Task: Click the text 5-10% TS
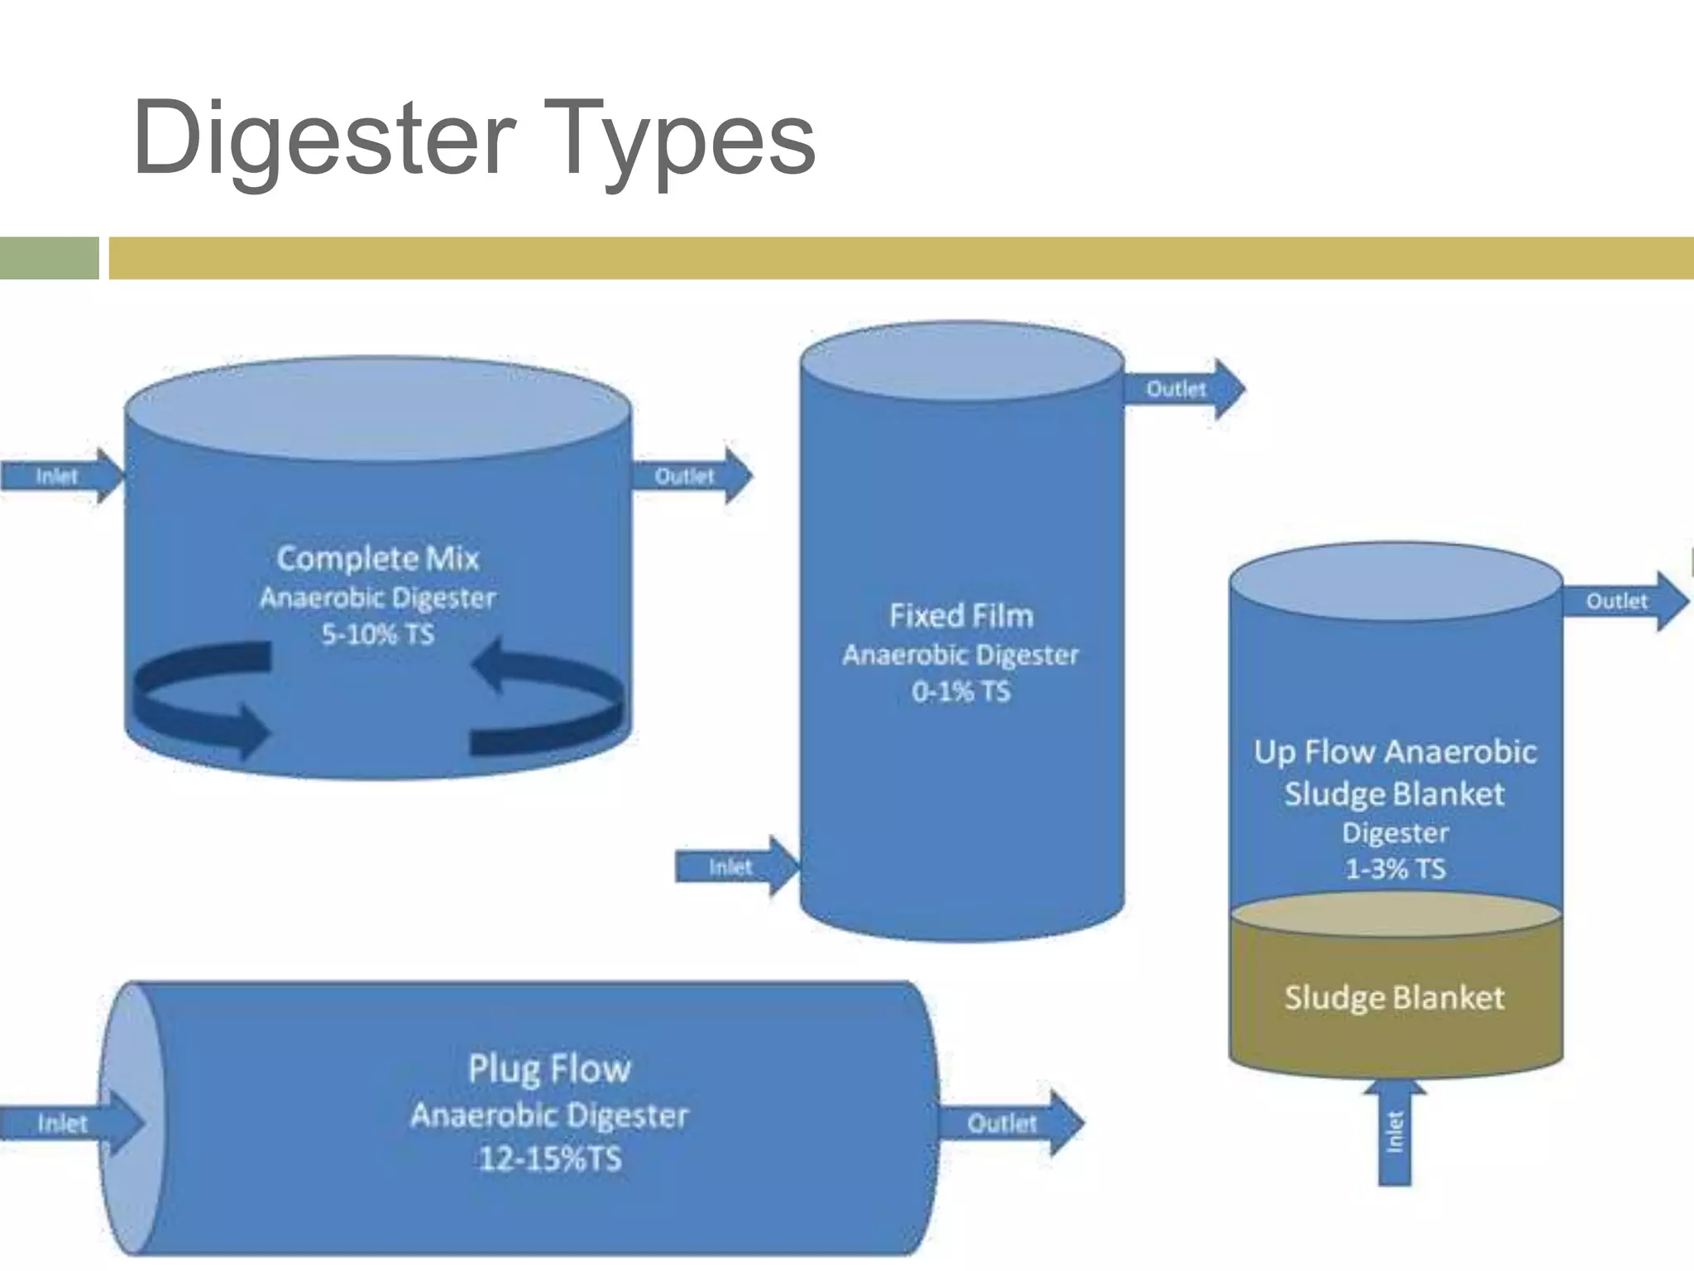(x=377, y=635)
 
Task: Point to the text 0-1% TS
(x=961, y=691)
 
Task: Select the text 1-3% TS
(x=1395, y=869)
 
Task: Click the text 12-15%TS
(x=550, y=1158)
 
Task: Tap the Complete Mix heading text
(x=377, y=559)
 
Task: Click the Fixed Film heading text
(x=961, y=616)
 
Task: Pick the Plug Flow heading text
(x=550, y=1068)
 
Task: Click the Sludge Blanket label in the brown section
(x=1395, y=997)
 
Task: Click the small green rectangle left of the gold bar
(x=49, y=258)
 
